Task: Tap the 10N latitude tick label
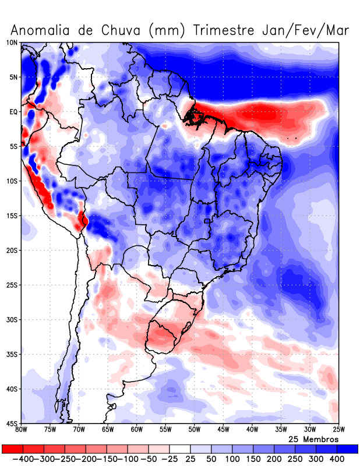click(x=12, y=43)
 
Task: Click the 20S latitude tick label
click(x=12, y=250)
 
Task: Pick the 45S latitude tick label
click(x=12, y=423)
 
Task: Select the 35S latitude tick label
click(x=12, y=354)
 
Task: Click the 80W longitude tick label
click(x=21, y=430)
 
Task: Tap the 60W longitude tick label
click(x=136, y=430)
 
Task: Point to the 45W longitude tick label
click(x=223, y=430)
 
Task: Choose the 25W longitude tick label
click(x=338, y=430)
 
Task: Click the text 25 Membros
click(x=313, y=439)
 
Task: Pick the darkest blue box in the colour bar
click(x=348, y=449)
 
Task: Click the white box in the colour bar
click(x=179, y=449)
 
